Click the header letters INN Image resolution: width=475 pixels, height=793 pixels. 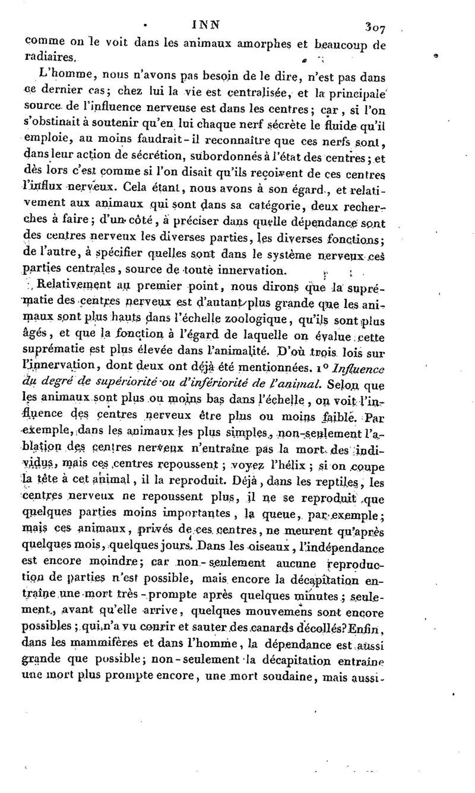point(206,25)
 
